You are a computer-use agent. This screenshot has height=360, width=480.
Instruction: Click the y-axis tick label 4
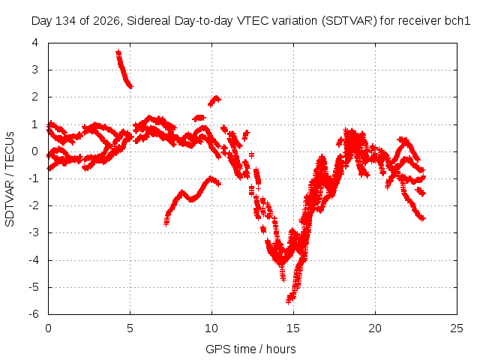[35, 43]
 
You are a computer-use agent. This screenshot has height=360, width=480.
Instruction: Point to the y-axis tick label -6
[34, 314]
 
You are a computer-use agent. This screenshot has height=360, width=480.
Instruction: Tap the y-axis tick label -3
[34, 232]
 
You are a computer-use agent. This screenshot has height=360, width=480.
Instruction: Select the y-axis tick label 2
[35, 97]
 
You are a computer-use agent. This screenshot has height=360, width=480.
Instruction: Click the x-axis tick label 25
[457, 328]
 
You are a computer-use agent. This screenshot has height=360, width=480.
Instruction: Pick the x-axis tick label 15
[293, 328]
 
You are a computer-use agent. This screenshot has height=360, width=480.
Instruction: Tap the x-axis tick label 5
[130, 328]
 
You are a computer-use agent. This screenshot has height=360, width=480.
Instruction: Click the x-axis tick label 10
[211, 328]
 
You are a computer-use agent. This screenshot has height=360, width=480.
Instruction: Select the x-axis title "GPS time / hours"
[250, 349]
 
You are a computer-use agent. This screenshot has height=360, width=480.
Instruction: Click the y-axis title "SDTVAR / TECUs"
[10, 179]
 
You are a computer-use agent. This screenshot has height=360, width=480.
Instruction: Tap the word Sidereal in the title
[149, 21]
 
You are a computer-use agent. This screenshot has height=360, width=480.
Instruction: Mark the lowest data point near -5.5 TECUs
[288, 301]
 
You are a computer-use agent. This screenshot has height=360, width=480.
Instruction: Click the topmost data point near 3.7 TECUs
[118, 52]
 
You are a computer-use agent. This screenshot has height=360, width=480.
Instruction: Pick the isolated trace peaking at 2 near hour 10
[214, 100]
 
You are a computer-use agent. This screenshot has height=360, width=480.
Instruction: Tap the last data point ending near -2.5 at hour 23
[423, 218]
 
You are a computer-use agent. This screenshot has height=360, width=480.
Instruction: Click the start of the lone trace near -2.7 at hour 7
[166, 223]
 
